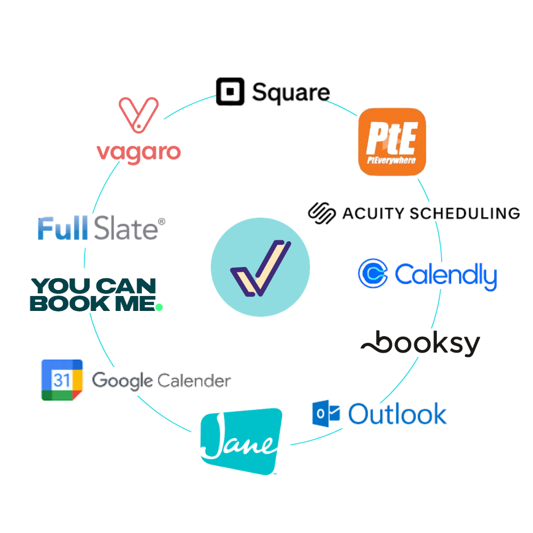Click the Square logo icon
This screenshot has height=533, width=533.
pos(232,92)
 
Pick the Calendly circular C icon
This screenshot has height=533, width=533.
pos(373,273)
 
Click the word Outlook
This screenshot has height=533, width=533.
pos(397,415)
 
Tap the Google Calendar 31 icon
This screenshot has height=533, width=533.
pos(62,380)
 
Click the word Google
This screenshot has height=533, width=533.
pos(122,381)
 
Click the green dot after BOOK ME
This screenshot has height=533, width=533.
pos(159,307)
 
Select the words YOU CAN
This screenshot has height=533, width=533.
pos(93,286)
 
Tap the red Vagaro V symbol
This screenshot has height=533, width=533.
pos(139,114)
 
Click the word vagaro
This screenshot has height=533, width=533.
pos(139,152)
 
